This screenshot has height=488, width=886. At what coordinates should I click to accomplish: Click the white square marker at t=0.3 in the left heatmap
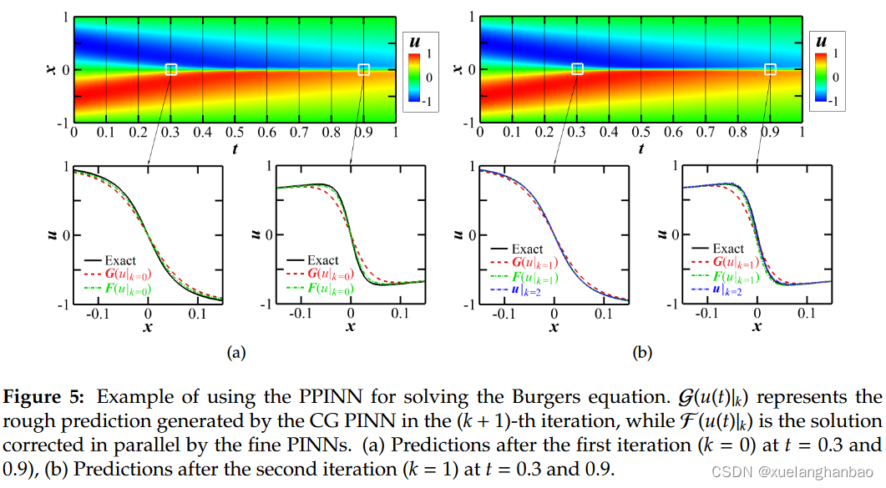tap(171, 69)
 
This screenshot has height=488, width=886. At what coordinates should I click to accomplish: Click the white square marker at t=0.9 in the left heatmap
tap(363, 69)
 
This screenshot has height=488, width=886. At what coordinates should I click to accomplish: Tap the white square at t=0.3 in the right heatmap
tap(577, 69)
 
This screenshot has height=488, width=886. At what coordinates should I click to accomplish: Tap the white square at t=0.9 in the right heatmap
tap(770, 69)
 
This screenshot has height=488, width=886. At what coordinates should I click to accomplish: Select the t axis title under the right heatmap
tap(640, 148)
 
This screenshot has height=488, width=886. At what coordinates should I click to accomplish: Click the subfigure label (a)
tap(236, 353)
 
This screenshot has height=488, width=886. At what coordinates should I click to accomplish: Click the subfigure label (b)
tap(641, 353)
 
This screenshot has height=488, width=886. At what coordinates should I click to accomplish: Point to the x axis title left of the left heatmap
tap(51, 69)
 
